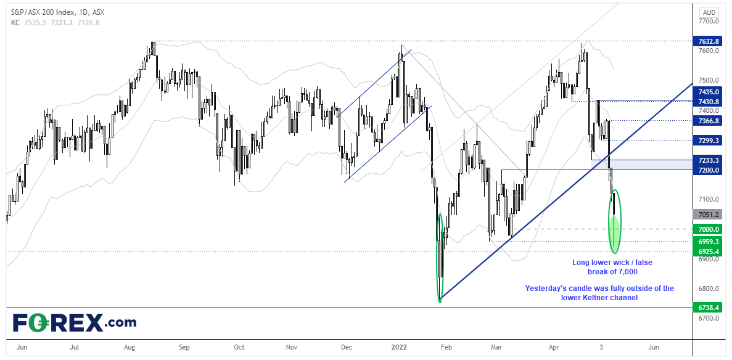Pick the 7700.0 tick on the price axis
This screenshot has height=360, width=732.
707,21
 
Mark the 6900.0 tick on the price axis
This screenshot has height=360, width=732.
707,258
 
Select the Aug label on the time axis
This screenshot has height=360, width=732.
130,348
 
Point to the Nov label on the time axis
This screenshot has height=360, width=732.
294,348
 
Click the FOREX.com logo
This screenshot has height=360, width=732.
75,322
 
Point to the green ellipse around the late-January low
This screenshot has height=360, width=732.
440,258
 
